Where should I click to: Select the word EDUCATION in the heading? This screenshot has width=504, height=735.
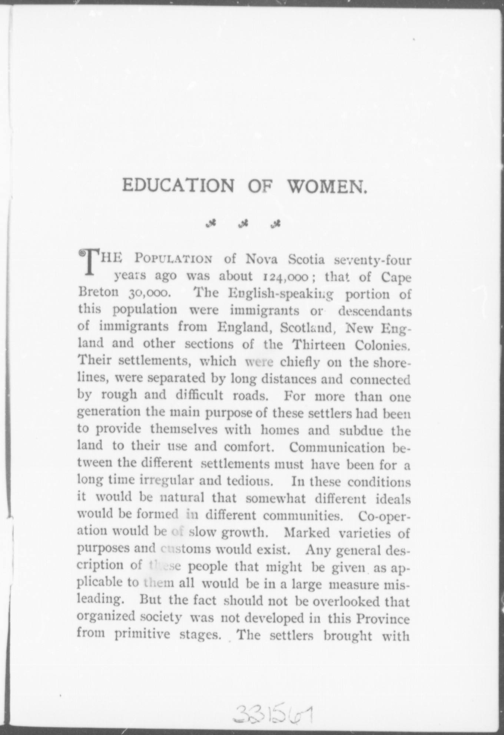(x=178, y=186)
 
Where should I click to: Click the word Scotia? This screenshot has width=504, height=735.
(x=306, y=260)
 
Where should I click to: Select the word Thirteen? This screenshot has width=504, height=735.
(x=320, y=345)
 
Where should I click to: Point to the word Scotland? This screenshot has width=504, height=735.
(x=307, y=328)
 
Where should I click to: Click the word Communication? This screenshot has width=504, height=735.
(x=337, y=448)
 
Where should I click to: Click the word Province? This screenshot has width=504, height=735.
(x=383, y=619)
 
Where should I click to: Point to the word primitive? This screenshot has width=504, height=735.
(x=142, y=635)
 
